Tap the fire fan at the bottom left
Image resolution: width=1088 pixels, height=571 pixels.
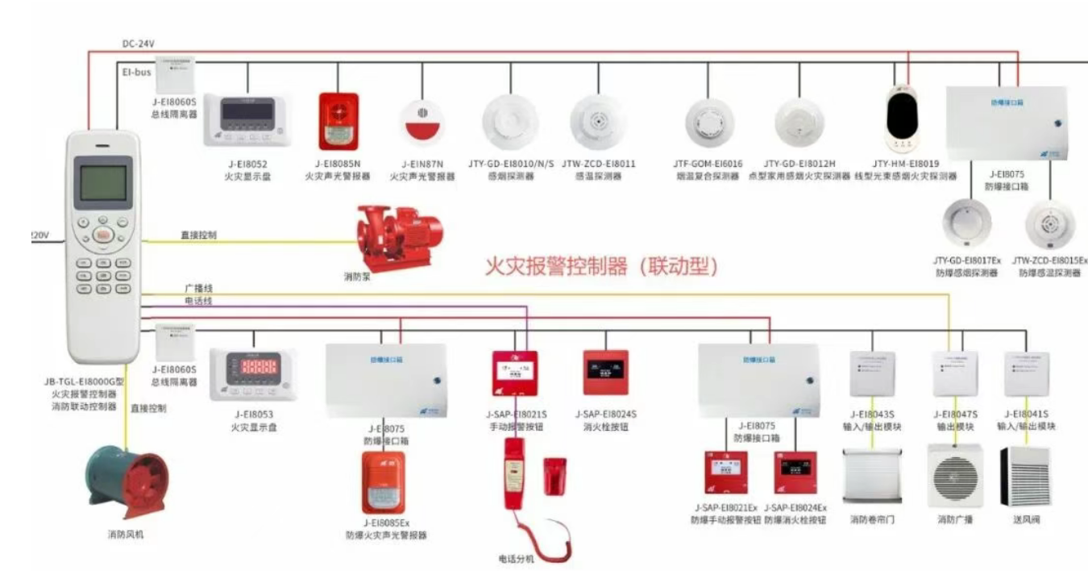127,484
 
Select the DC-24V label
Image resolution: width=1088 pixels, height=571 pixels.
139,43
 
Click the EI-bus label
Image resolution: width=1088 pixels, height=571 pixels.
136,72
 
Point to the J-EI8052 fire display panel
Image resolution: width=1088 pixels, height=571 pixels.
247,120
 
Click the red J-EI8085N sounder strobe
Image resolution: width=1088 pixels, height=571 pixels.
338,121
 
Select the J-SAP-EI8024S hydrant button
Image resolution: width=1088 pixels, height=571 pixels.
605,372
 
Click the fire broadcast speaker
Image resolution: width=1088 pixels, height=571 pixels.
955,474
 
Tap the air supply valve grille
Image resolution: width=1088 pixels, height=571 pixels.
1025,475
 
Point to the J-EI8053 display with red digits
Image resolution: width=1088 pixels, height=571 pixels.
251,373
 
